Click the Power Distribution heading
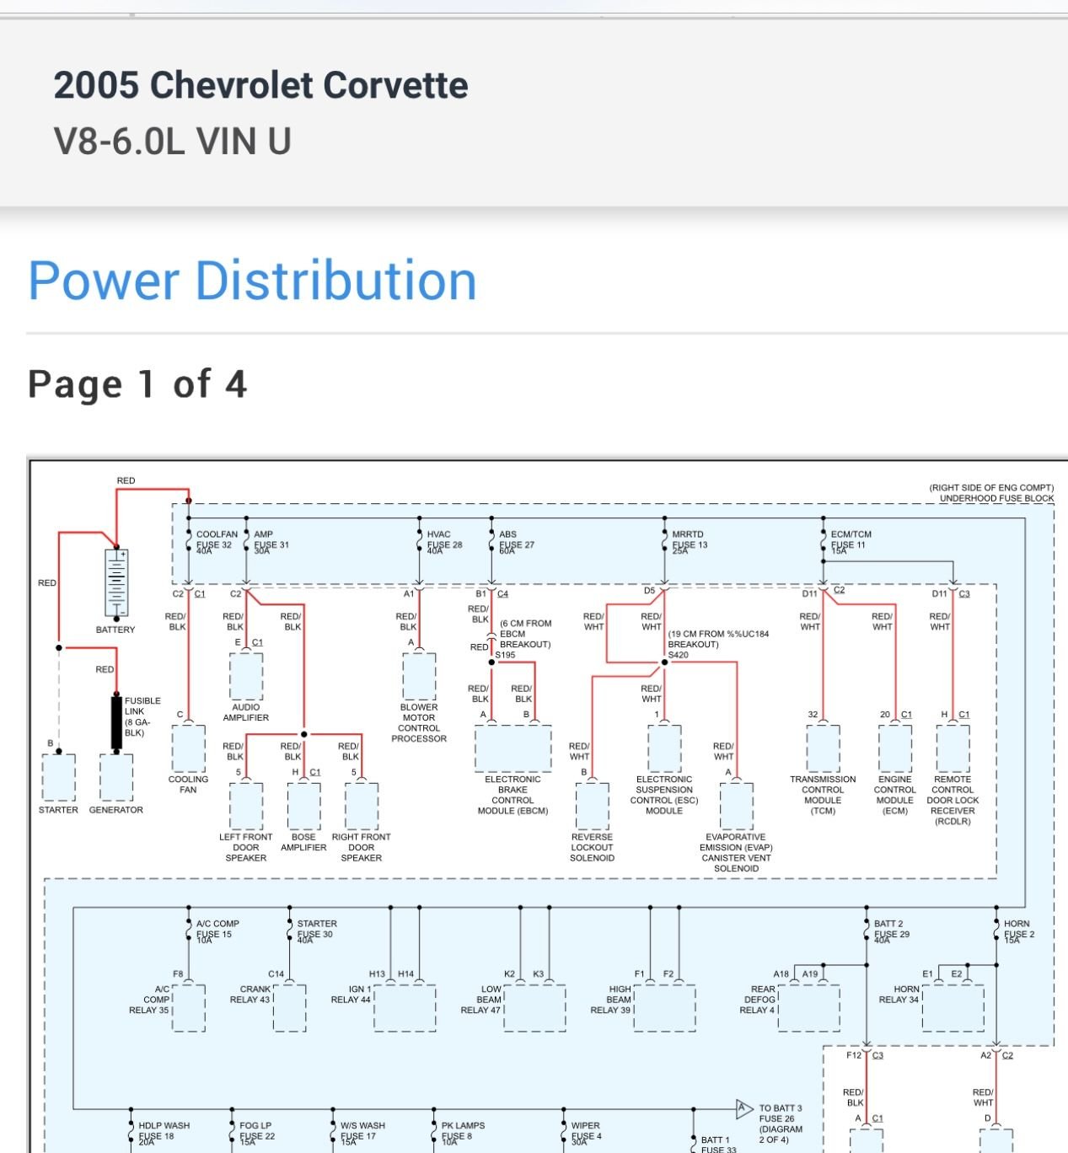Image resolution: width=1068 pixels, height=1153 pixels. point(252,281)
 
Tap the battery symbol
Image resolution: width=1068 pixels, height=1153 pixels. point(116,583)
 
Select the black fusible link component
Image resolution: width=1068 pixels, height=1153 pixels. point(116,722)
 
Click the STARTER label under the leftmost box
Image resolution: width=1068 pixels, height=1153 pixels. point(58,810)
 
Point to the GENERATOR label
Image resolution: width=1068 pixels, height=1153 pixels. point(116,810)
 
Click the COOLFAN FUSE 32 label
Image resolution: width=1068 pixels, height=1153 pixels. point(215,540)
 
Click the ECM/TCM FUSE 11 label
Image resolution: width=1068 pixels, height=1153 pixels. point(850,540)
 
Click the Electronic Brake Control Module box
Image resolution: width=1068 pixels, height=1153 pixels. point(513,748)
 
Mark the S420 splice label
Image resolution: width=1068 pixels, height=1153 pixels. point(679,655)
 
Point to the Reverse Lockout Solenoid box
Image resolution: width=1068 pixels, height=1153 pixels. point(593,806)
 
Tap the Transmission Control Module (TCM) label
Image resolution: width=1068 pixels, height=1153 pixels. point(823,795)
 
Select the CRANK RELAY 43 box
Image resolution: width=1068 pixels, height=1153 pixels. point(289,1007)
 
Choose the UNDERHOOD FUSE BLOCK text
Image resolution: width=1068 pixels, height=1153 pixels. point(996,498)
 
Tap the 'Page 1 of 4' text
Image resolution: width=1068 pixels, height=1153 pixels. point(137,384)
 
